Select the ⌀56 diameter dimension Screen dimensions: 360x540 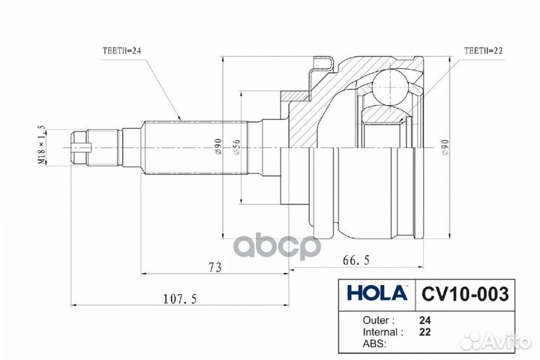click(x=235, y=148)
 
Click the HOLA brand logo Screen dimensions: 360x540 click(x=376, y=292)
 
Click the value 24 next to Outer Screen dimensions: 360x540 click(x=424, y=319)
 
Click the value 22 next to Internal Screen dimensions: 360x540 click(x=424, y=331)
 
